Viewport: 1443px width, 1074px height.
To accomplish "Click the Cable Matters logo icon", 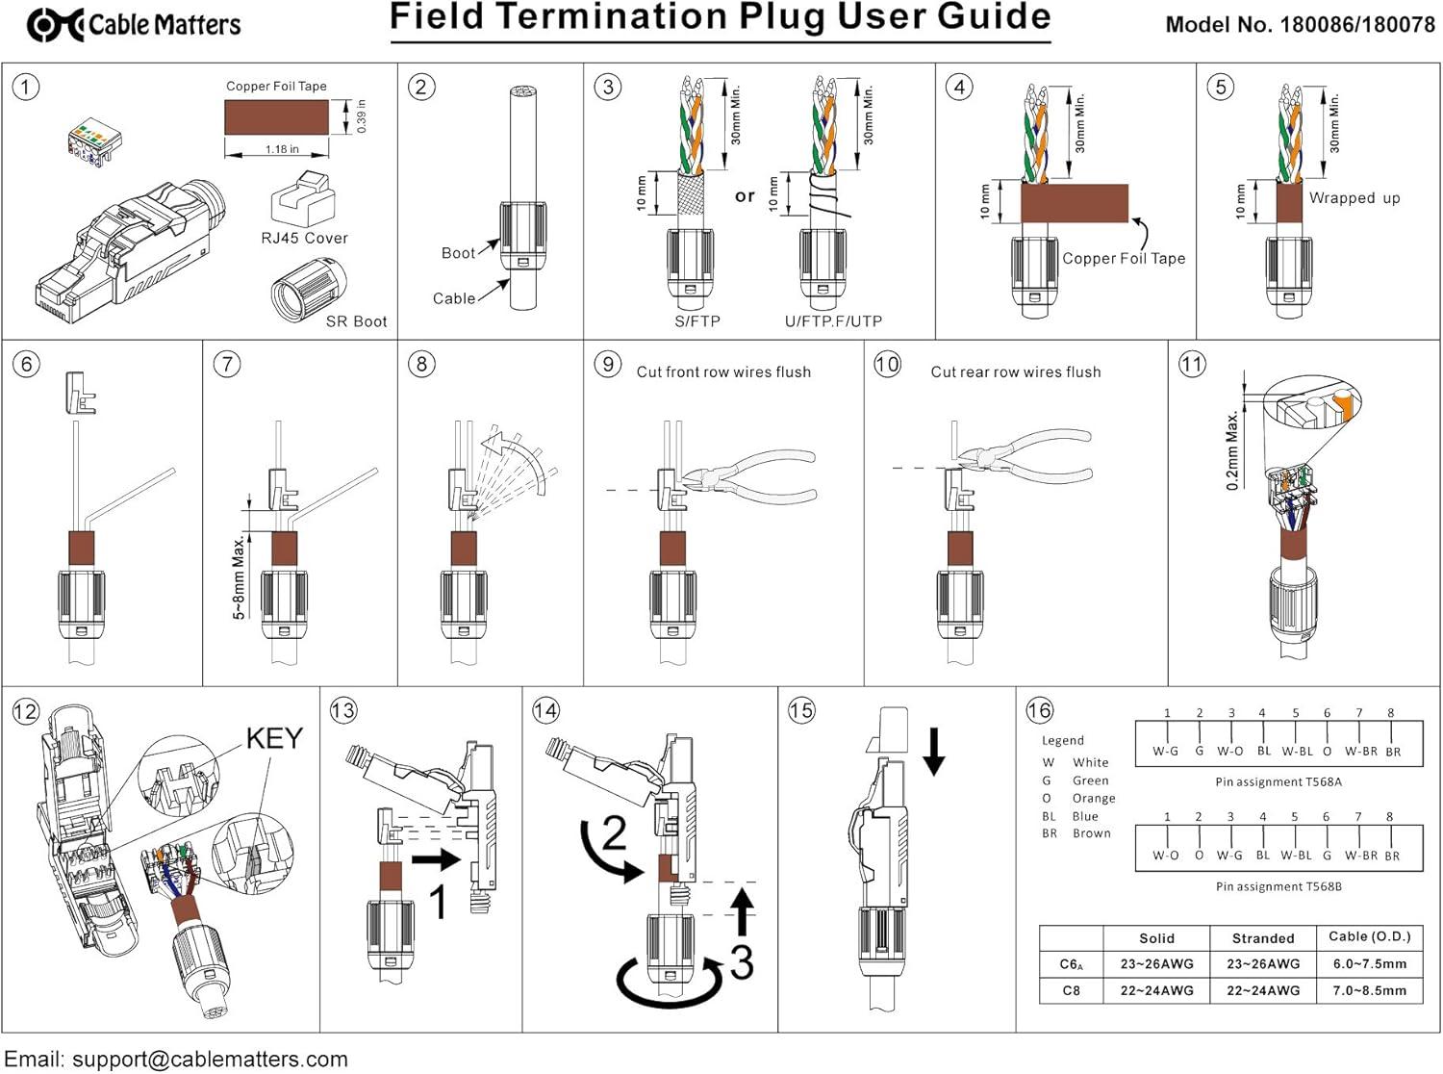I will coord(54,25).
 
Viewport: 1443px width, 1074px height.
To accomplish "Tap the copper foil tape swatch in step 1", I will coord(276,118).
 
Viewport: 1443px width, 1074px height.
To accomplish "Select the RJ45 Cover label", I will coord(304,238).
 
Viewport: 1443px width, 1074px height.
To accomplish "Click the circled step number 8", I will coord(421,364).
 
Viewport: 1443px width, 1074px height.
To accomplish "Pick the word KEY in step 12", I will coord(274,738).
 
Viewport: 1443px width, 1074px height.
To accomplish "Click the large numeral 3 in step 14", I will coord(741,962).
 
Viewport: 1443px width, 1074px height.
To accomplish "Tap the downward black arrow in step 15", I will coord(933,752).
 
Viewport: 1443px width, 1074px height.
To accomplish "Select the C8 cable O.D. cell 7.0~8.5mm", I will coord(1369,990).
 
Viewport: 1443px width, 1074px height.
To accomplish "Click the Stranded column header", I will coord(1262,938).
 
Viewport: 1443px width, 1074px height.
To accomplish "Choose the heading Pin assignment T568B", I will coord(1278,886).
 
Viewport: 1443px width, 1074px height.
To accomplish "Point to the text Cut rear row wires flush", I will coord(1015,371).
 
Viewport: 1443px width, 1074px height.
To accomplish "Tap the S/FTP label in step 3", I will coord(696,321).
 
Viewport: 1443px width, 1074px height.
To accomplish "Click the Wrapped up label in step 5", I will coord(1354,198).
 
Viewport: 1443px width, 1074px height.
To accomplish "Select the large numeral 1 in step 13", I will coord(438,903).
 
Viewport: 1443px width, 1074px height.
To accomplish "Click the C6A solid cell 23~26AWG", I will coord(1156,963).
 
